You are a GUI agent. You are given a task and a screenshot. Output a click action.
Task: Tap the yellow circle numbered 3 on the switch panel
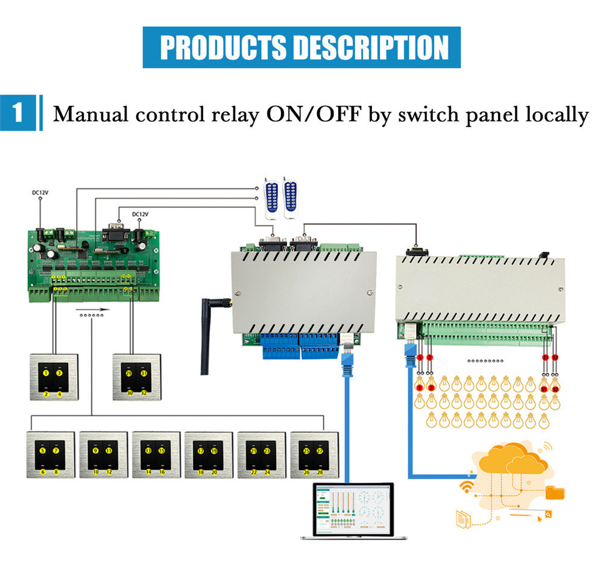60,374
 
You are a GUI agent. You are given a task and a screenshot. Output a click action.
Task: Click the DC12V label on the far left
40,193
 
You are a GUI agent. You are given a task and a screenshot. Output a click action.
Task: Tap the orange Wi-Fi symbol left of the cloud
467,485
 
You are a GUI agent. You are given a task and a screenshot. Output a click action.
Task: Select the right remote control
292,196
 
